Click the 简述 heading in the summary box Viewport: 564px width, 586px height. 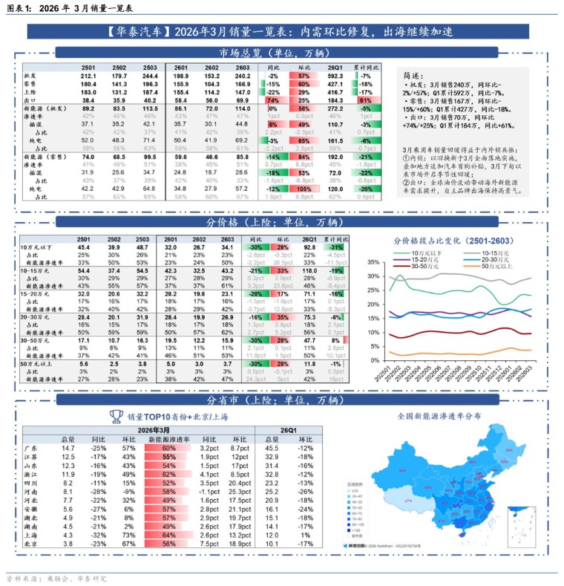[x=413, y=76]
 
